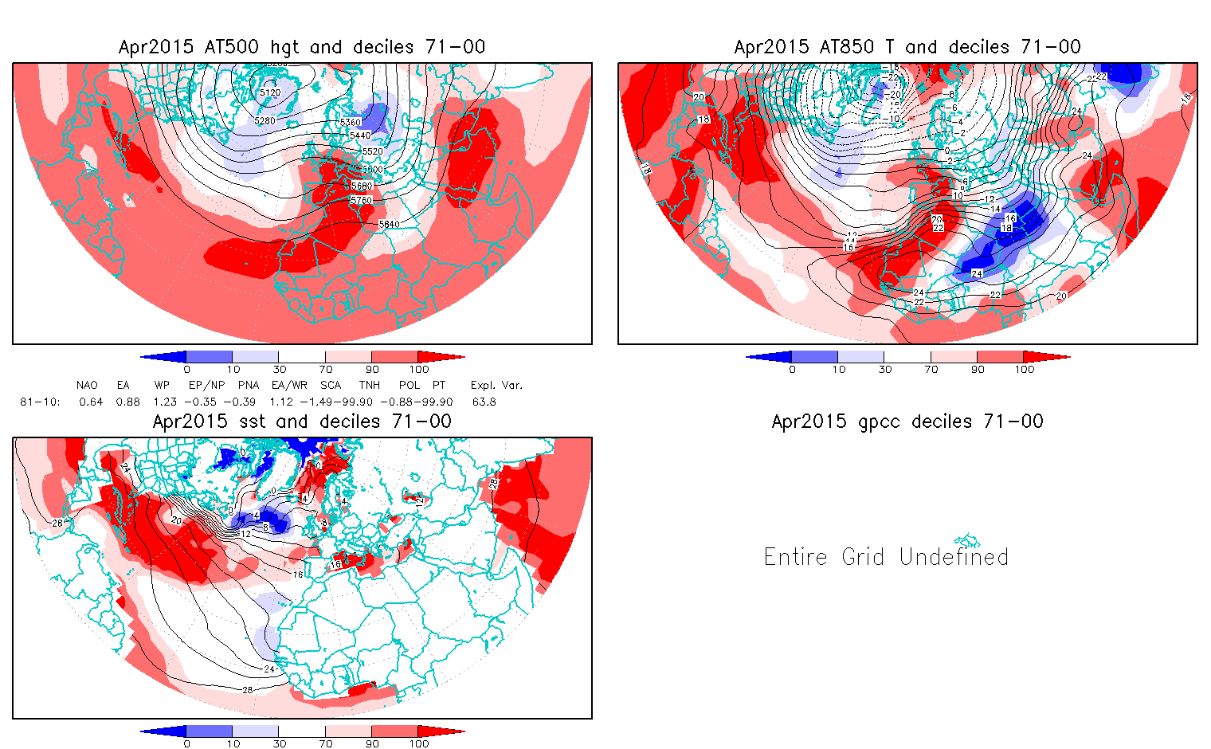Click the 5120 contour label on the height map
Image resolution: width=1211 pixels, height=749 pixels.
[x=270, y=93]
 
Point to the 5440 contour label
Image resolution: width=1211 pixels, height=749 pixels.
[x=360, y=136]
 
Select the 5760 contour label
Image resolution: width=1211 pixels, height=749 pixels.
[x=361, y=200]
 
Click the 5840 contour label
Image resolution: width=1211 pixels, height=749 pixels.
[x=389, y=225]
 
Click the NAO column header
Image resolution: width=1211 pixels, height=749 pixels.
[x=87, y=386]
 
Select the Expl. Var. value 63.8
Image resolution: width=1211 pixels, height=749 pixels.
[x=484, y=402]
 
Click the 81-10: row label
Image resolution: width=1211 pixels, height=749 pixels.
[x=39, y=402]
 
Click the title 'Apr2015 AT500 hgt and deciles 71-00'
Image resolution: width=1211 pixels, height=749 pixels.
[x=302, y=47]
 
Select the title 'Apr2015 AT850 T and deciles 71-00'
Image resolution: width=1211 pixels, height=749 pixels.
[x=907, y=47]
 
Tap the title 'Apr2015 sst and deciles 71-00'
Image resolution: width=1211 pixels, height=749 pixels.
[x=302, y=422]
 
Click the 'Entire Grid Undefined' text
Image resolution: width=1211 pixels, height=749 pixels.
[x=886, y=556]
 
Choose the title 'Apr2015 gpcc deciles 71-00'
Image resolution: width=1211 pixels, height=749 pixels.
[x=907, y=422]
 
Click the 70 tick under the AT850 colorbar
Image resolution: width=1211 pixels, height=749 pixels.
[x=931, y=370]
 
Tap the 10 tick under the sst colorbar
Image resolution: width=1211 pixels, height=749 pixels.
[x=233, y=744]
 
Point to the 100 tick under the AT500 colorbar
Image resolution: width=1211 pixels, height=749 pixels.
[x=419, y=370]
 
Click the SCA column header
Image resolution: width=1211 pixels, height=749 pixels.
[x=331, y=386]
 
